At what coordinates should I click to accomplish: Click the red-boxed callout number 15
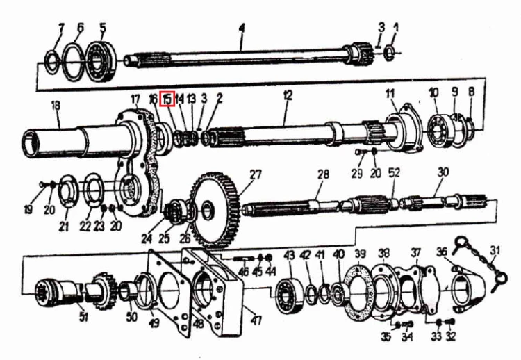[x=167, y=99]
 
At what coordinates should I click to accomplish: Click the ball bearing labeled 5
[x=101, y=61]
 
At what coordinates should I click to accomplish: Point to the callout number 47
[x=256, y=320]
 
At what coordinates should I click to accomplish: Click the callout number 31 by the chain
[x=495, y=250]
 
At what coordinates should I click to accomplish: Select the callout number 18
[x=56, y=106]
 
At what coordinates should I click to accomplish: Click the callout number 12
[x=288, y=96]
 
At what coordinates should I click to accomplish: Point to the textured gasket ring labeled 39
[x=357, y=293]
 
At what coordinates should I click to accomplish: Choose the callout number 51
[x=83, y=317]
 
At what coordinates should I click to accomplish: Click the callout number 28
[x=323, y=174]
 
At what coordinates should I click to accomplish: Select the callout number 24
[x=147, y=238]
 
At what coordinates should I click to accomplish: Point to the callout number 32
[x=451, y=336]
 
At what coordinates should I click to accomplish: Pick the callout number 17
[x=135, y=99]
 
